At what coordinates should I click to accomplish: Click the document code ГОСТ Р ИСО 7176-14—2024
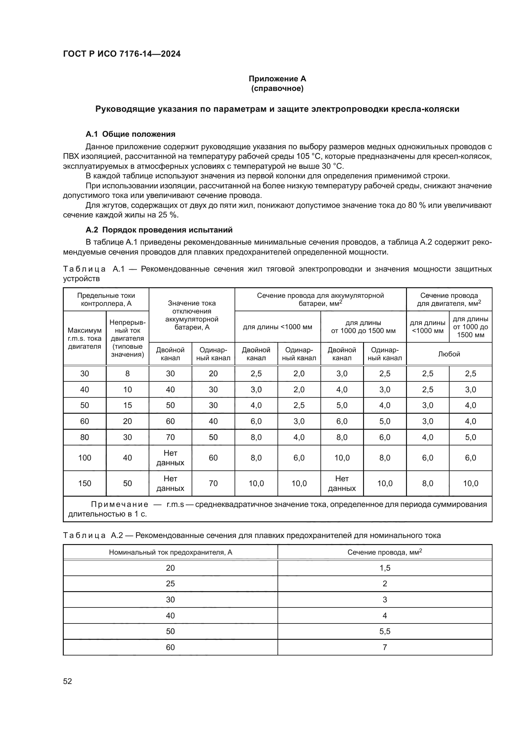(x=122, y=54)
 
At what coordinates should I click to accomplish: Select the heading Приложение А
(x=277, y=79)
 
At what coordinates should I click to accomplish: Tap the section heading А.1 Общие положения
(x=130, y=134)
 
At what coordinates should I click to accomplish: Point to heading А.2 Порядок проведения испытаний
(x=159, y=230)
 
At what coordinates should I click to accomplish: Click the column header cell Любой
(x=449, y=354)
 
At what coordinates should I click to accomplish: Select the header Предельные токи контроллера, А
(x=106, y=299)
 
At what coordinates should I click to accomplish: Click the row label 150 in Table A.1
(x=85, y=484)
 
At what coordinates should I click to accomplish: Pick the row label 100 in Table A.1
(x=85, y=458)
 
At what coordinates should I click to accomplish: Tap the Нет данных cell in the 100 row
(x=170, y=458)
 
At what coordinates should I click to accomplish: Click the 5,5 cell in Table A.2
(x=385, y=631)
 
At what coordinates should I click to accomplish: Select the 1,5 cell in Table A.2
(x=385, y=568)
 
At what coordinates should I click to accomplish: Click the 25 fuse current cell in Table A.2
(x=170, y=584)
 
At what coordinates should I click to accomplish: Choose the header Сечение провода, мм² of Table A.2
(x=385, y=552)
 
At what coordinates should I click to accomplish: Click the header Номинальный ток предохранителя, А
(x=170, y=552)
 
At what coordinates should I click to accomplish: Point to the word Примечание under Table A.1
(x=120, y=505)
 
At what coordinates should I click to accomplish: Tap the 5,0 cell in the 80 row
(x=470, y=437)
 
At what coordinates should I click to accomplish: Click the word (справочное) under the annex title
(x=277, y=88)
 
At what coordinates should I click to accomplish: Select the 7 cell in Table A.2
(x=385, y=647)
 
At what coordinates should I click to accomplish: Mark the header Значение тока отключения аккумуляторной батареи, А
(x=192, y=315)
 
